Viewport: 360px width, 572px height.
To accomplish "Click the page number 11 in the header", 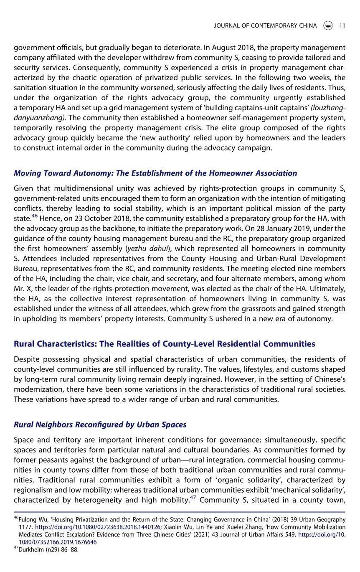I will click(x=342, y=25).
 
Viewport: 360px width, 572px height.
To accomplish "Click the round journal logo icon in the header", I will click(x=328, y=25).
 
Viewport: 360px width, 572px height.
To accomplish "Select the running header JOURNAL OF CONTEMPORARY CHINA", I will click(x=265, y=25).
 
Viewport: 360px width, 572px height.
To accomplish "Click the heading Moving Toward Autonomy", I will click(x=155, y=173).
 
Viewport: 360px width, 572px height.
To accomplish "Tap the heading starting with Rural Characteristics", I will click(x=164, y=344).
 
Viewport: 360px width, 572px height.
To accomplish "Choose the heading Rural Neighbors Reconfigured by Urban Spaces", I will click(x=100, y=425).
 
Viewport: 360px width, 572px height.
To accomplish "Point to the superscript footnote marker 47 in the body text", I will click(x=193, y=498).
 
